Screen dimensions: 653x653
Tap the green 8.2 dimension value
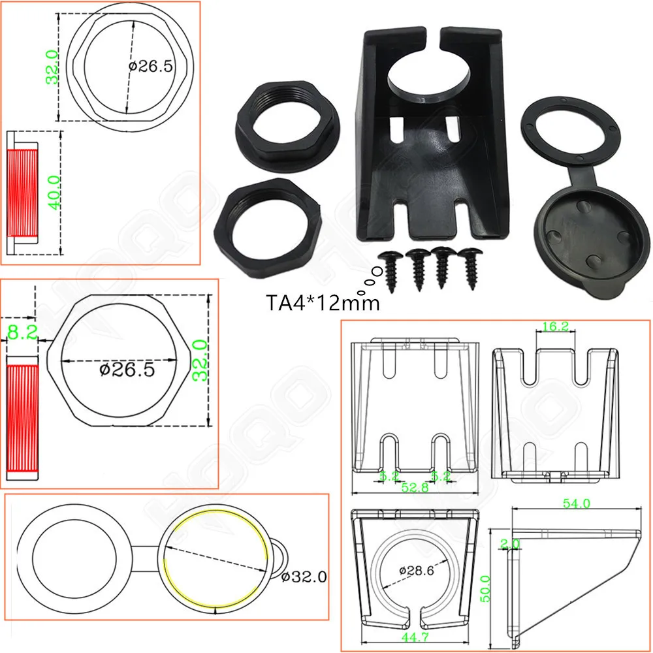click(20, 334)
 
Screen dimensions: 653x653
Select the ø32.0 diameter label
click(304, 576)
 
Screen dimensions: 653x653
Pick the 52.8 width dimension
click(415, 486)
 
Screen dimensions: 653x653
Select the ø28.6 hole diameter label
click(417, 570)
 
